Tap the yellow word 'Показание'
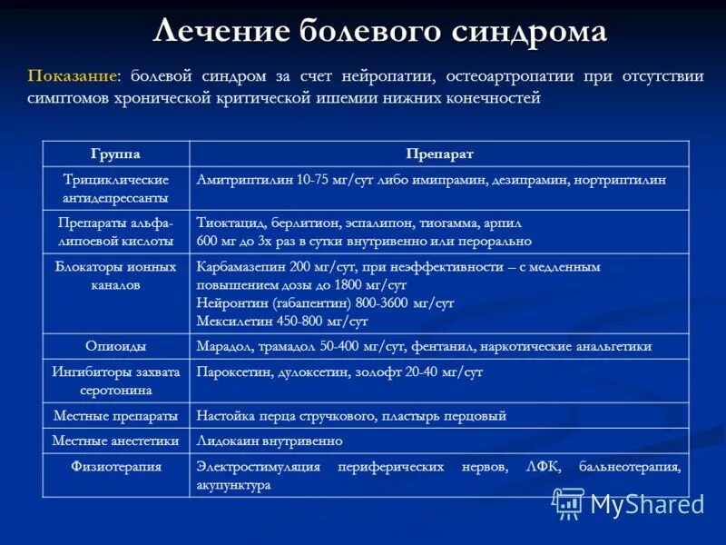click(72, 76)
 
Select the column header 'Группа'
click(115, 154)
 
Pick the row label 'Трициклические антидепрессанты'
click(115, 189)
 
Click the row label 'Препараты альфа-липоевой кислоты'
click(115, 232)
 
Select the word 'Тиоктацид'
click(226, 223)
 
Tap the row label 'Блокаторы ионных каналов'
click(115, 275)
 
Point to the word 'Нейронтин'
click(229, 303)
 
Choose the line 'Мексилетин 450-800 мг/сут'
click(282, 322)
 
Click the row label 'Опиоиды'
click(115, 346)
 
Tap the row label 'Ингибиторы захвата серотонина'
click(115, 381)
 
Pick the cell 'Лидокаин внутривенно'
click(270, 441)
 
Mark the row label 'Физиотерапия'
click(115, 467)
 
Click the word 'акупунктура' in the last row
click(233, 485)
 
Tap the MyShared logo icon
click(569, 503)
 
